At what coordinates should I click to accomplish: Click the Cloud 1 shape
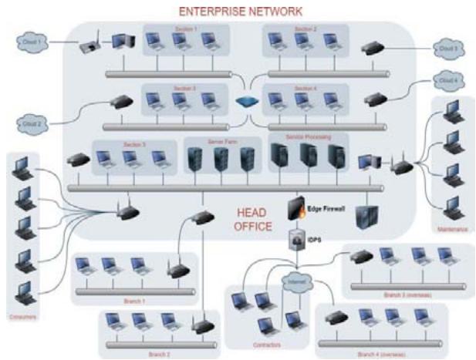[31, 41]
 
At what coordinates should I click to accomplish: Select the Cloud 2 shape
[32, 123]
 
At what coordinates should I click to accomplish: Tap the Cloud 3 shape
[447, 49]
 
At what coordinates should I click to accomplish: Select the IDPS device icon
[295, 240]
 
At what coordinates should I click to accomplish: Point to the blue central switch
[247, 103]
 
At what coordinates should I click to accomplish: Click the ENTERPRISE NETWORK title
[241, 12]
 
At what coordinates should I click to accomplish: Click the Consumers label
[25, 317]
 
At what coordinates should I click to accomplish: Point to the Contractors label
[265, 345]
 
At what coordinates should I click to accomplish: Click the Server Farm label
[221, 143]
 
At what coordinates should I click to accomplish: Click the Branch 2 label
[160, 354]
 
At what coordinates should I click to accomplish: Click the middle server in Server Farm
[221, 160]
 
